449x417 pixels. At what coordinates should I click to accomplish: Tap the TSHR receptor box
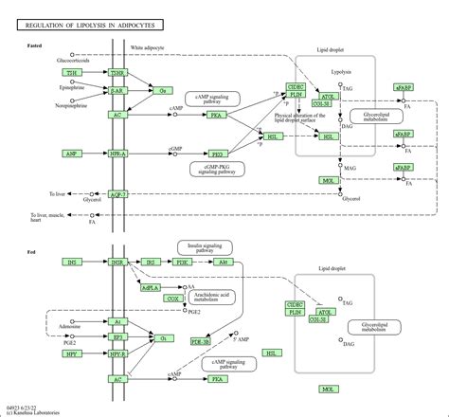(x=117, y=72)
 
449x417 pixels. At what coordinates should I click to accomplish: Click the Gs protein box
(x=162, y=90)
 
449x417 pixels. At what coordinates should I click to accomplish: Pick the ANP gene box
(x=71, y=153)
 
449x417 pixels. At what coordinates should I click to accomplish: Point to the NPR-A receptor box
(x=117, y=153)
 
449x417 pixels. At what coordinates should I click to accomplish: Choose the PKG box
(x=217, y=153)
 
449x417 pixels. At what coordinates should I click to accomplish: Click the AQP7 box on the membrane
(x=117, y=193)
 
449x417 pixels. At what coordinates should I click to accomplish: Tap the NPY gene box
(x=71, y=354)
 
